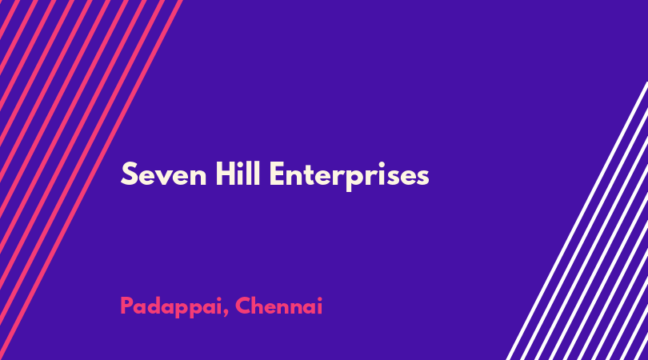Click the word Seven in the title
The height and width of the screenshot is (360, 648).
[x=164, y=174]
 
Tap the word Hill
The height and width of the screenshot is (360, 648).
[x=238, y=174]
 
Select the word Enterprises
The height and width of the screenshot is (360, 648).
[x=350, y=177]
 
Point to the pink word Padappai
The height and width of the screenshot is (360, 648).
[x=171, y=307]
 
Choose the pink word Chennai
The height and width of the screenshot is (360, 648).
[x=279, y=306]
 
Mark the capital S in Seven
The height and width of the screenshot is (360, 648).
[x=129, y=174]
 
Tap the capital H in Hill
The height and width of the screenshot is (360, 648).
[x=226, y=174]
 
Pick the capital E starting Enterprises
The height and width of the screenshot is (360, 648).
[x=277, y=174]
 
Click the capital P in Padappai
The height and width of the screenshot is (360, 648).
[x=127, y=306]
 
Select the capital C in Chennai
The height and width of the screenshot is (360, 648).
[x=243, y=306]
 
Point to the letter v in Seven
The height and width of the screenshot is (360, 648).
[x=166, y=178]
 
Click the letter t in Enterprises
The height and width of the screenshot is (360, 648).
[x=314, y=175]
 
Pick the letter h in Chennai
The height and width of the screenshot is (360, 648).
[x=260, y=306]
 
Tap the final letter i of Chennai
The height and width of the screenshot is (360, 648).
[x=320, y=306]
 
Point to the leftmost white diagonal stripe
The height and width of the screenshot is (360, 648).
[x=577, y=221]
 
